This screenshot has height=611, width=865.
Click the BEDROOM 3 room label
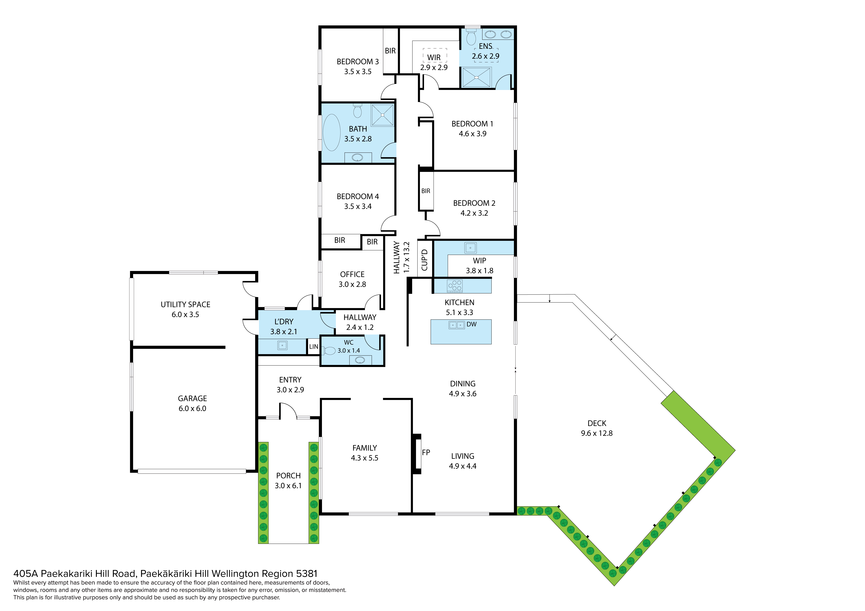tap(358, 61)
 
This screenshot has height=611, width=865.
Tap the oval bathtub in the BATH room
tap(332, 133)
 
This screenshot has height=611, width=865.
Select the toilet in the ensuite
tap(471, 37)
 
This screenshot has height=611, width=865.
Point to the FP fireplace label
tap(426, 452)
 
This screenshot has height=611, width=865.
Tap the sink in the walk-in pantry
tap(470, 248)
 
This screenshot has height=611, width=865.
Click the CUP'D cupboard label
tap(425, 260)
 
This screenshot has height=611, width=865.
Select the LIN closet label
tap(313, 347)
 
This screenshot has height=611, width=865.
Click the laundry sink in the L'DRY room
tap(282, 345)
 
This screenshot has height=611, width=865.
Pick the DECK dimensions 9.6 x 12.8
tap(597, 433)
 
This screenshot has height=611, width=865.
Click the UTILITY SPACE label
tap(185, 304)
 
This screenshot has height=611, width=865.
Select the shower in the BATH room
tap(382, 115)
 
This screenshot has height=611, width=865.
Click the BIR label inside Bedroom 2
tap(426, 191)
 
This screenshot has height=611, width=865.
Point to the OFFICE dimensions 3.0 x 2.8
tap(352, 284)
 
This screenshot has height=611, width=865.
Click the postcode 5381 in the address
tap(307, 574)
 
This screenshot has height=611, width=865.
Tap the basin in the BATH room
tap(358, 157)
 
